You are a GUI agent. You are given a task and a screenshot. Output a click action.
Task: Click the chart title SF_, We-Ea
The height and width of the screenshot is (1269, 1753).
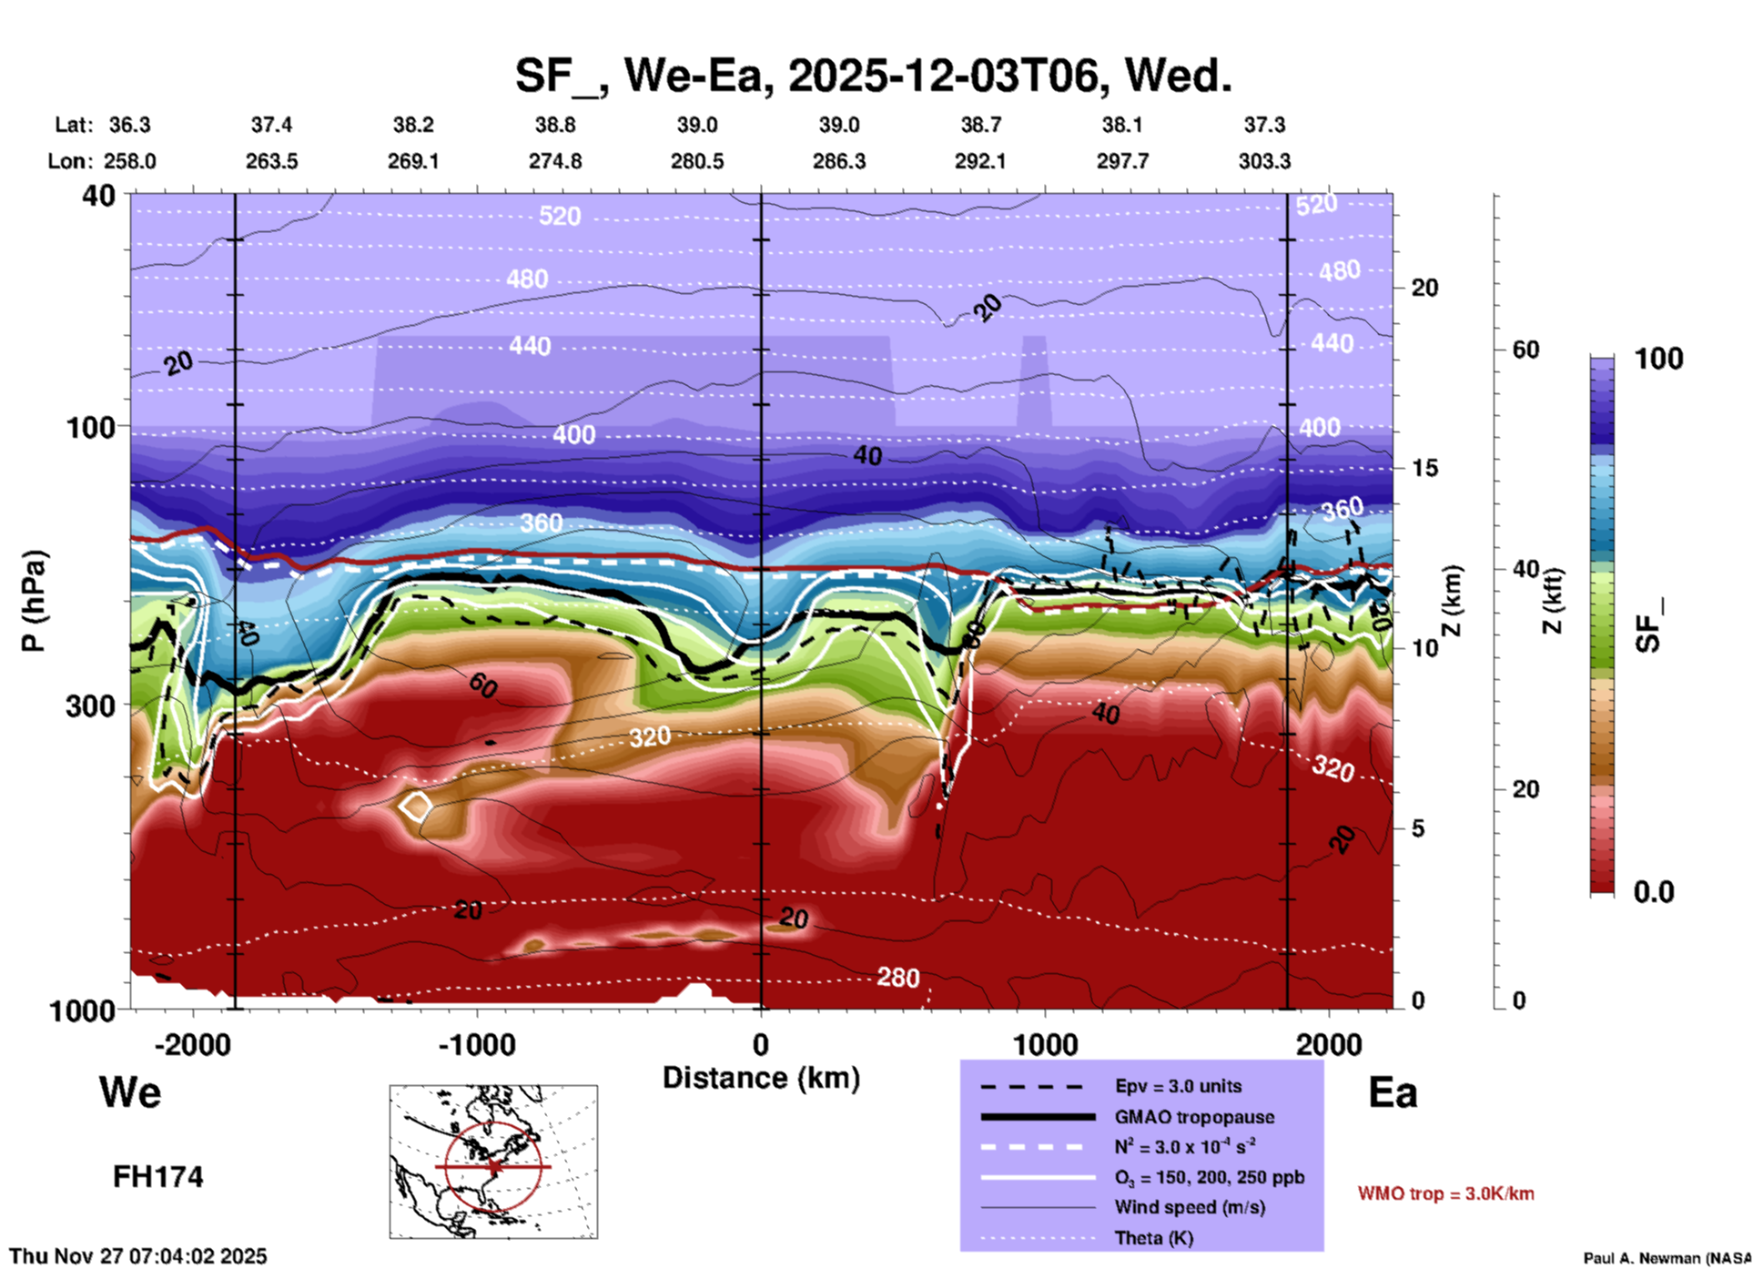(872, 76)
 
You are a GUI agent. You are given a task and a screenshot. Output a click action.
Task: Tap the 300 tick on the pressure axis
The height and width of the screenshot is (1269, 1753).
(90, 706)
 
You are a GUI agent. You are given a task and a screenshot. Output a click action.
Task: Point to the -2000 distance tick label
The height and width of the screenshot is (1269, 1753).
(192, 1044)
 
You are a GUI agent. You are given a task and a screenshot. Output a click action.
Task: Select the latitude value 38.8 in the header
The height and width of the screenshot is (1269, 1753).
(555, 125)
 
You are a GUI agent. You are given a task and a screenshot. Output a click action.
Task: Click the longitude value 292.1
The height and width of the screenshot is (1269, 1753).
(980, 161)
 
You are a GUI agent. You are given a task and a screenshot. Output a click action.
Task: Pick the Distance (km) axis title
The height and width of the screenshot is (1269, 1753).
(761, 1078)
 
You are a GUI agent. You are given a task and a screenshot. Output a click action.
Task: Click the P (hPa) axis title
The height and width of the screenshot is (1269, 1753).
(33, 601)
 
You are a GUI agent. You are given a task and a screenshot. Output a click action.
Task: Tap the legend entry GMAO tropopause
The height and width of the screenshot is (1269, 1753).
(1193, 1117)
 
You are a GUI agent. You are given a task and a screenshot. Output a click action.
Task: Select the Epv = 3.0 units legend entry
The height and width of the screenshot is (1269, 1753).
(1177, 1086)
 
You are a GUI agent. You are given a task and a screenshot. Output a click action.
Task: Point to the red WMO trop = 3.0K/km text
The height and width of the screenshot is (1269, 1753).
(1445, 1193)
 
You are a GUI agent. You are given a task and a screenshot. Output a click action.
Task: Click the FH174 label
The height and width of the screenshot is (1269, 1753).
(157, 1177)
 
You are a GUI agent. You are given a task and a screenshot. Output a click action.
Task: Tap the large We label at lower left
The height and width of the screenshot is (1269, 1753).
(130, 1092)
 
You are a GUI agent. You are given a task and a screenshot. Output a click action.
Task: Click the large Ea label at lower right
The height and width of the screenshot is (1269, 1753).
(1393, 1092)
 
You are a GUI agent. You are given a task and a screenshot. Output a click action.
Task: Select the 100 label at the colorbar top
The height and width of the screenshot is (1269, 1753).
(1658, 359)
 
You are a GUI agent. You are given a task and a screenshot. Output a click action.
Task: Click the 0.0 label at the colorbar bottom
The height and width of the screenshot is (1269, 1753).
(1653, 892)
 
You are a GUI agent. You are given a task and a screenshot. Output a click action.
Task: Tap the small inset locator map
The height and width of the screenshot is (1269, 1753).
(493, 1162)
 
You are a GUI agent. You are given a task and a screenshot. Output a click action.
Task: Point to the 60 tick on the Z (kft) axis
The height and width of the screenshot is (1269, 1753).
(1525, 350)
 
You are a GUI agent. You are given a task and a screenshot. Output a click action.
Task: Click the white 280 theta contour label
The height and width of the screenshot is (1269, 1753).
(897, 978)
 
